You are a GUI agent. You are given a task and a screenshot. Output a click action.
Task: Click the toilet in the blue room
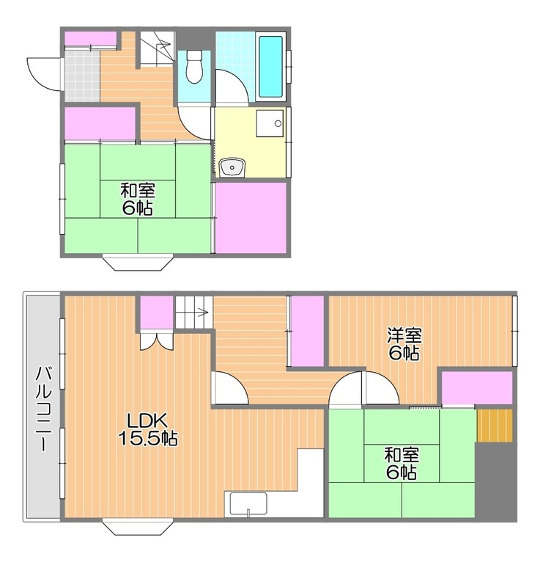coord(193,67)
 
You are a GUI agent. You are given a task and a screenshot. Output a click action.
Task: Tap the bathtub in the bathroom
coord(270,67)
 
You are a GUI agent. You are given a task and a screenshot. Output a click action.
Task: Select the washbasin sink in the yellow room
coord(232,167)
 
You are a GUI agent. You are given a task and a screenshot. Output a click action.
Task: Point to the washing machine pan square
coord(270,123)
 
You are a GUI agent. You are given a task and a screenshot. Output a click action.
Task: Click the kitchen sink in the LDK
coord(248,504)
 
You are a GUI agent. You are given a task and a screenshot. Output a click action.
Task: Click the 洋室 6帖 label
coord(405,344)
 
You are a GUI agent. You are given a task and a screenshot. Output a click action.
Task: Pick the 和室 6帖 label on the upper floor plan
coord(138,199)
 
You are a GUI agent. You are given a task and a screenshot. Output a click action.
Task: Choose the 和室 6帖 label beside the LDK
coord(402,464)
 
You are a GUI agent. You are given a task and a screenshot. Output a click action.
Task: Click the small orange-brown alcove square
coord(495,426)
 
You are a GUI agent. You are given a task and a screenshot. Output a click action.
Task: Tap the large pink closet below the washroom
coord(251,217)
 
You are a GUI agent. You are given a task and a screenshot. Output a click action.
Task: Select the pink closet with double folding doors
coord(156,313)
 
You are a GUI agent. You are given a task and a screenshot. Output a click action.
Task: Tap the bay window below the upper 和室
coord(138,263)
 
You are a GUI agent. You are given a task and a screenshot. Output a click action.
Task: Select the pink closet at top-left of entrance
coord(91,39)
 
